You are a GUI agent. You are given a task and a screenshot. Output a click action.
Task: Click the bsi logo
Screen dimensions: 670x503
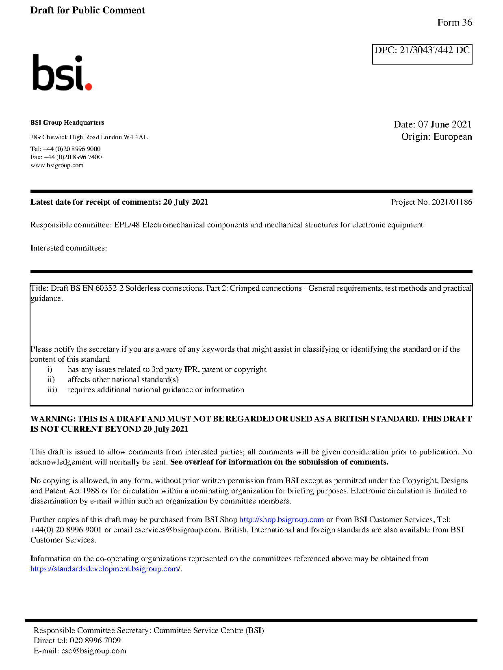click(62, 73)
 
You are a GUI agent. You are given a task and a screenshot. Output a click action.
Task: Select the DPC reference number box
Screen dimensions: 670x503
click(422, 54)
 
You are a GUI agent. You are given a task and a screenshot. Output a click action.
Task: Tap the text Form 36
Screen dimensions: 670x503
click(454, 23)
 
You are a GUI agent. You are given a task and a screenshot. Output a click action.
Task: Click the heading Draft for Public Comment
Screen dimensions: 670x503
click(87, 11)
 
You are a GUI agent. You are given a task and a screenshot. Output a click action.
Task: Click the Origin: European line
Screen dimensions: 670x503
click(436, 136)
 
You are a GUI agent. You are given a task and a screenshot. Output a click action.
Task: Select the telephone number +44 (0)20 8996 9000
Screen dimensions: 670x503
click(72, 149)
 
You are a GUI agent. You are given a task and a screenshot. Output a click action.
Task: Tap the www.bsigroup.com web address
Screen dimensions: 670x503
click(57, 165)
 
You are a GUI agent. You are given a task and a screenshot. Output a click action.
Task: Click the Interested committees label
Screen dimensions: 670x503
click(69, 248)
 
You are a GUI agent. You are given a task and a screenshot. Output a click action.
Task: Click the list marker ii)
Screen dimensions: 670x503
click(51, 380)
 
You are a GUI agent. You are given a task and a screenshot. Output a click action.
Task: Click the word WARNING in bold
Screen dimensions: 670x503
click(53, 419)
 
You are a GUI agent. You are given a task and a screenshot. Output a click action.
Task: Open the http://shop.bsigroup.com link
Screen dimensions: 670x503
click(281, 520)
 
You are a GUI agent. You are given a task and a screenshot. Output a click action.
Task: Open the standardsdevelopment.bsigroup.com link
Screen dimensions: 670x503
click(105, 569)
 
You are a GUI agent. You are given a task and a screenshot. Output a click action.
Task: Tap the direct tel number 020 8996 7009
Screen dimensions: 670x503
click(95, 641)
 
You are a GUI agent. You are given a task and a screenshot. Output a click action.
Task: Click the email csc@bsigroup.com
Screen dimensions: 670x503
click(93, 651)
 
